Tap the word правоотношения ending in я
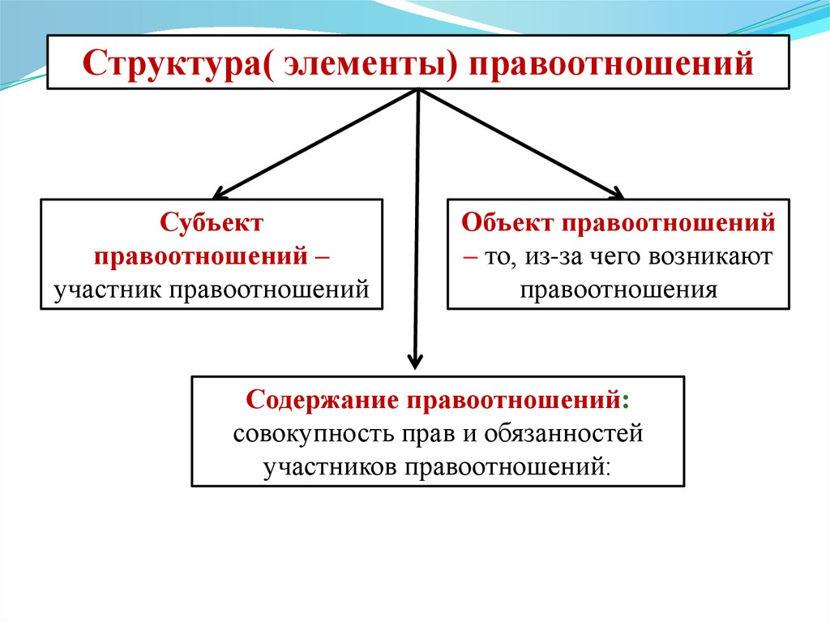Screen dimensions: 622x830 coord(618,290)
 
